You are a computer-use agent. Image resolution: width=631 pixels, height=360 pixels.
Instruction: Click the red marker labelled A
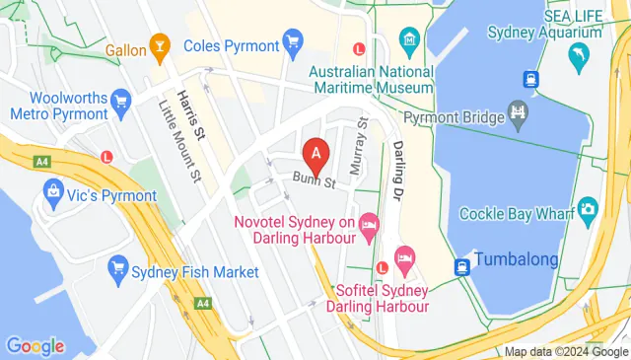[x=315, y=155]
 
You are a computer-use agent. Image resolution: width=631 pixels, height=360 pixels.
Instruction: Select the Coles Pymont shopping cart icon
[x=292, y=40]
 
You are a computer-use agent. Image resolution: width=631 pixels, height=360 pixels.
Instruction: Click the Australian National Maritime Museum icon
[x=408, y=40]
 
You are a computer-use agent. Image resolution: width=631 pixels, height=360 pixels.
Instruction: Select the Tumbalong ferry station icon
[x=460, y=266]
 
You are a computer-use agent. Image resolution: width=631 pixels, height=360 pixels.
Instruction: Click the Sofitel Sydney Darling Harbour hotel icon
[x=403, y=259]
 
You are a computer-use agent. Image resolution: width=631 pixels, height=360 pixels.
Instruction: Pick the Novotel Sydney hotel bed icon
[x=369, y=226]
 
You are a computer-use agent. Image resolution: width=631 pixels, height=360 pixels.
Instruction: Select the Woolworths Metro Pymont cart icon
[x=122, y=100]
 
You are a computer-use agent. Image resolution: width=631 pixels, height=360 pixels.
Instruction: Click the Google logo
[x=35, y=346]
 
